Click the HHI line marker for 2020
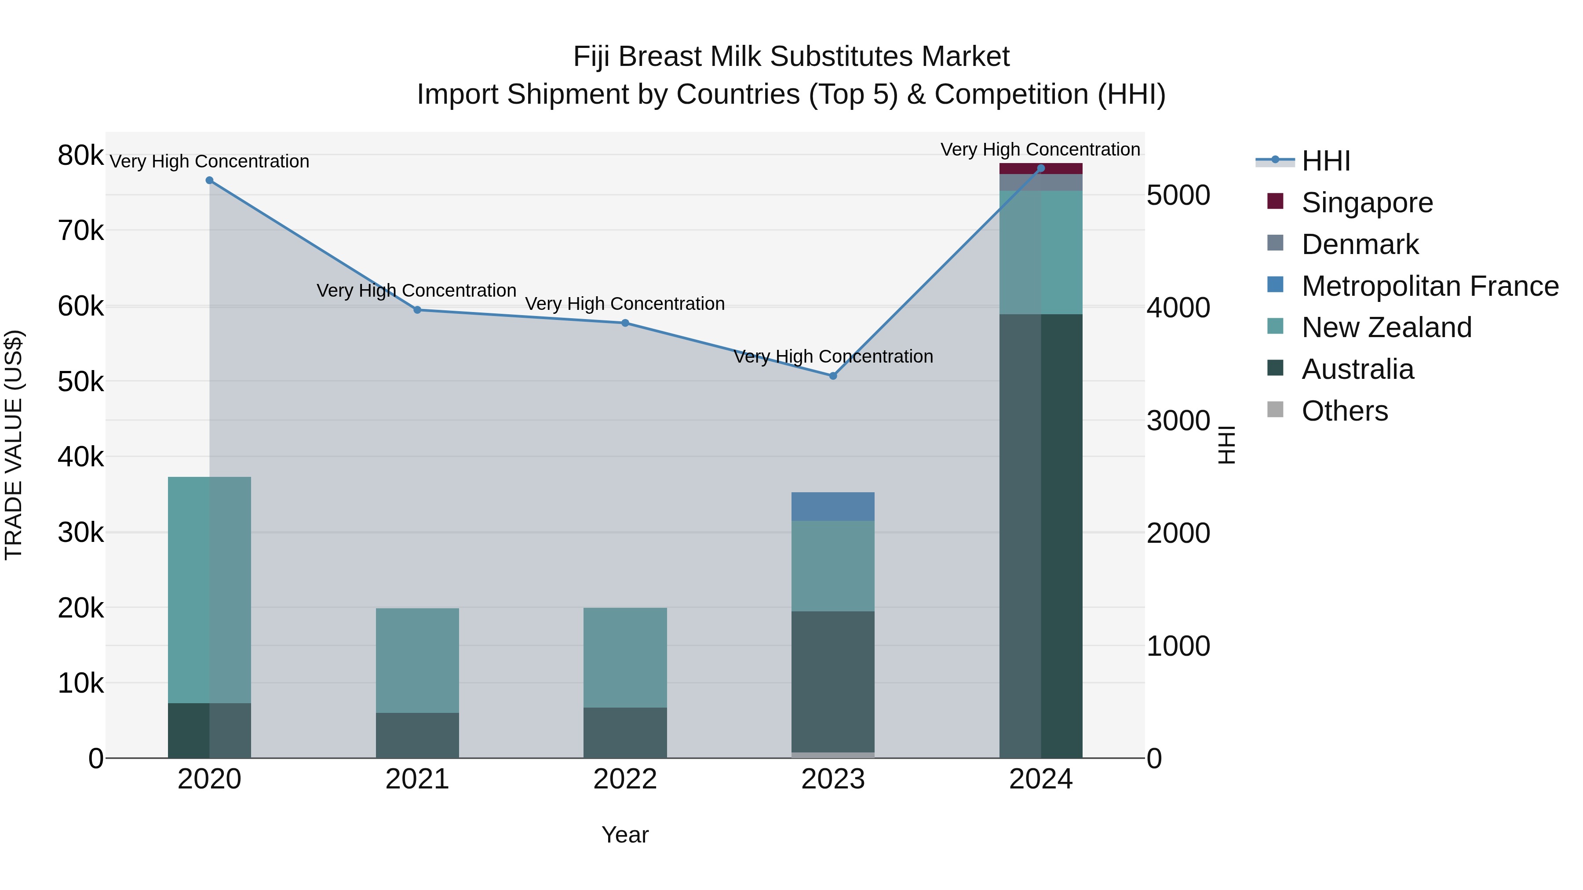(x=210, y=181)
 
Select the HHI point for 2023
(x=833, y=376)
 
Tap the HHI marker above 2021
(x=417, y=310)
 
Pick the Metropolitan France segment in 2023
(x=833, y=507)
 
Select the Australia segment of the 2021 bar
(x=417, y=735)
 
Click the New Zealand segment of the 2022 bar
(x=625, y=658)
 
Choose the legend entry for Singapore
(x=1367, y=203)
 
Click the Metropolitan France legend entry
(x=1430, y=286)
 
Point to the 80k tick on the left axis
(x=80, y=156)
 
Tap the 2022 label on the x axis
(x=625, y=779)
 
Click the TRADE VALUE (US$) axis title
(x=14, y=445)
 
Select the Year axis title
(x=625, y=835)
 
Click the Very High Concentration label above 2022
(x=625, y=304)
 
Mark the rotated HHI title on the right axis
(x=1226, y=445)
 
